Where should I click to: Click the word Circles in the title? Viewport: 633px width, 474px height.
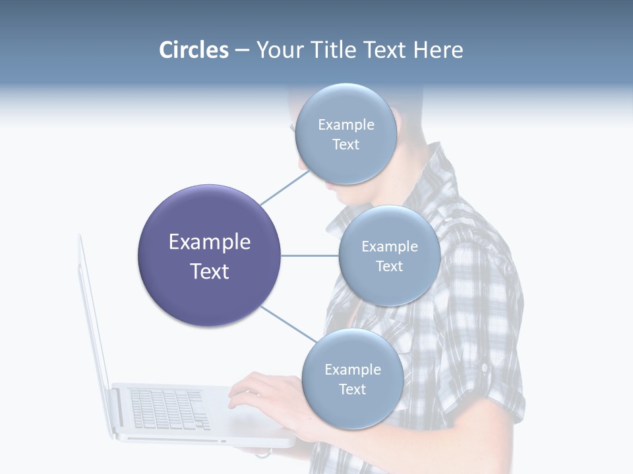(x=193, y=50)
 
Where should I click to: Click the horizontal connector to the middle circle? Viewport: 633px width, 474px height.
(x=309, y=255)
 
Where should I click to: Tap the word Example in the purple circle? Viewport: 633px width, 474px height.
(x=210, y=242)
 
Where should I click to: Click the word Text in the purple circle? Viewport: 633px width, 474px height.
(x=210, y=271)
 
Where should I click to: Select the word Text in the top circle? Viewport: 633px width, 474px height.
(x=346, y=144)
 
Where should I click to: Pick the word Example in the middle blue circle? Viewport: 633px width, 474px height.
(x=390, y=246)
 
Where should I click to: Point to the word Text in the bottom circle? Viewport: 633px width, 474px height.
(x=353, y=389)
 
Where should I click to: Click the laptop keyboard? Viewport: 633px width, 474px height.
(x=168, y=408)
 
